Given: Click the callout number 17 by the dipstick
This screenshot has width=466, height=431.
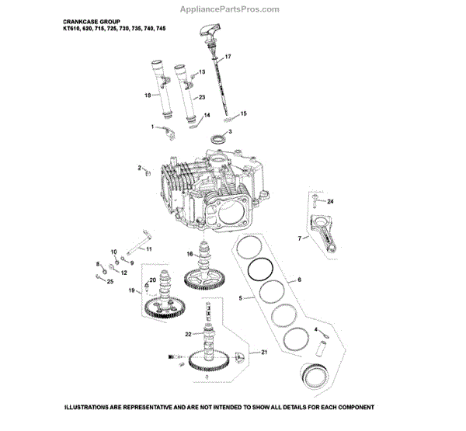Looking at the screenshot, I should coord(228,58).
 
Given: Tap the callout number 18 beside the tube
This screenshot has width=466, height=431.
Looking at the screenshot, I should coord(147,96).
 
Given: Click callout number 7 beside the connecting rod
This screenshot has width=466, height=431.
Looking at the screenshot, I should coord(300,238).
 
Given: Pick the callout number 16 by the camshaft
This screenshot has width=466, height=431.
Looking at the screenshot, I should coord(190,254).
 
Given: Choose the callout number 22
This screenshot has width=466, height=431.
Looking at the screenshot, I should coord(188,334).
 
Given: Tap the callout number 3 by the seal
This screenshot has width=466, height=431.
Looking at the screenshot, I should coord(229,133).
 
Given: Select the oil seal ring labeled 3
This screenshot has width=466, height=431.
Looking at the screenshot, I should coord(218,139).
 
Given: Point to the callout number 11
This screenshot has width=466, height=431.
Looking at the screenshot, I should coord(149,249).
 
